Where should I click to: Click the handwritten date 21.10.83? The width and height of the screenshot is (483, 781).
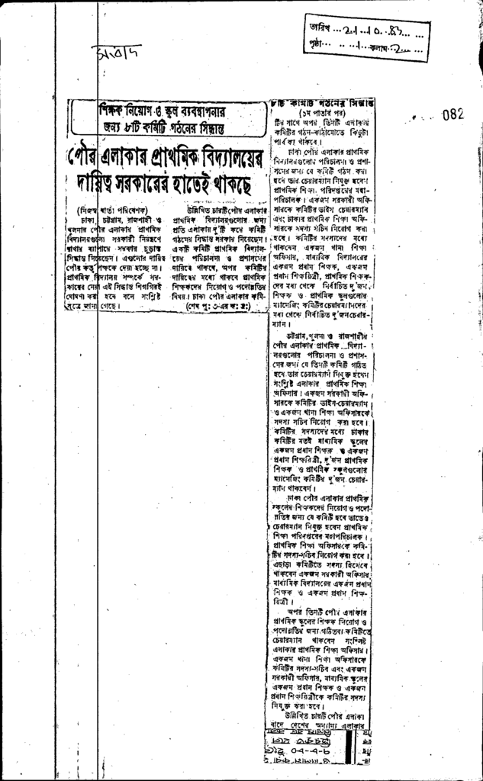click(x=378, y=33)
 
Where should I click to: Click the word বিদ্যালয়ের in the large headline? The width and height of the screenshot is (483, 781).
click(x=216, y=158)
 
